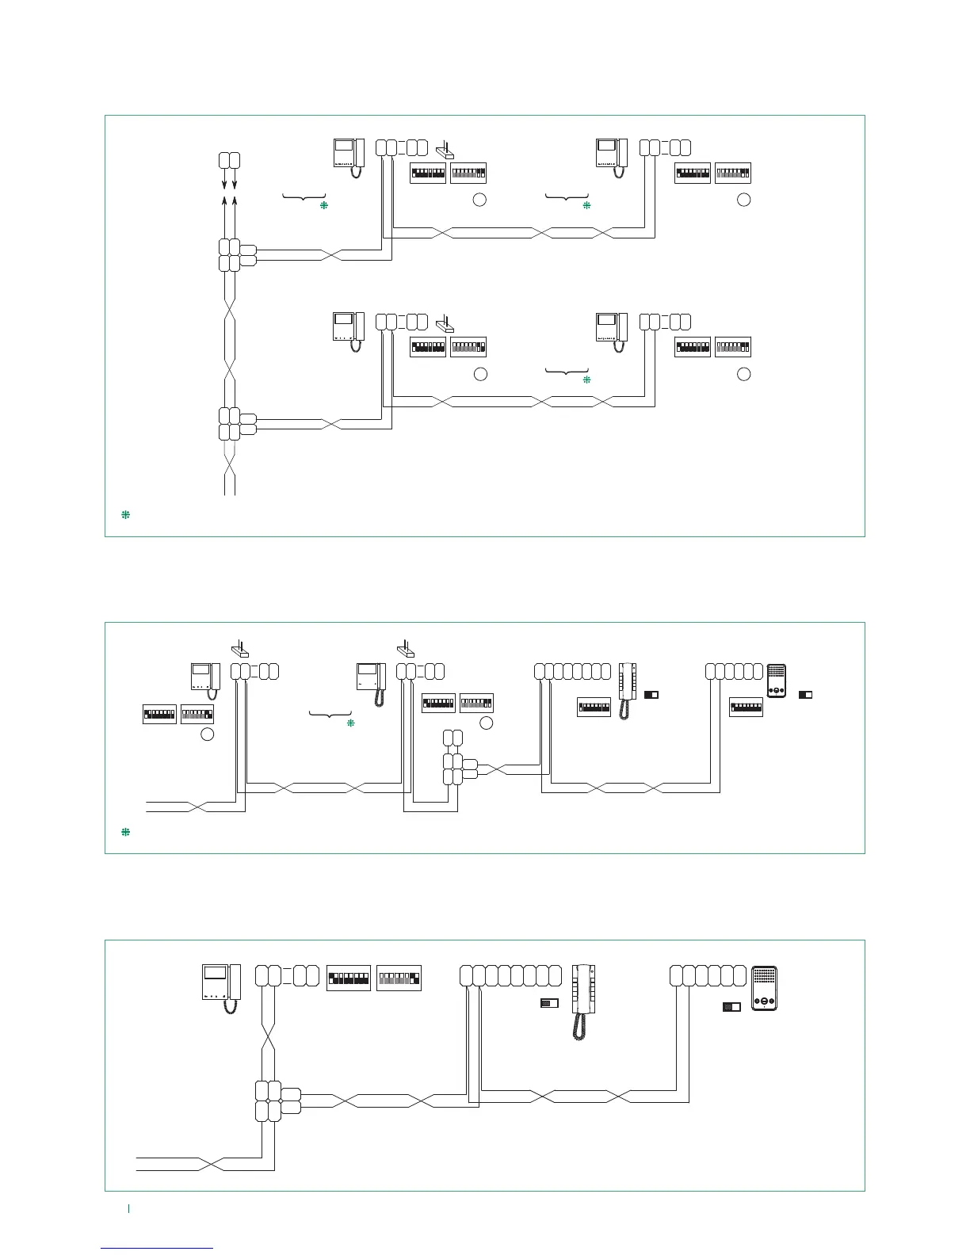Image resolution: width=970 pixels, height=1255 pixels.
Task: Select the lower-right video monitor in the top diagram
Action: [612, 332]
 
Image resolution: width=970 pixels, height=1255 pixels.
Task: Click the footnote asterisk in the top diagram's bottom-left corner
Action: [125, 515]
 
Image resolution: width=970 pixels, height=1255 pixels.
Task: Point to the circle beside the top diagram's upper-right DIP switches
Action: [743, 200]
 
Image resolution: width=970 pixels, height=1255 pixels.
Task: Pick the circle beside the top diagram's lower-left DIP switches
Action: [479, 374]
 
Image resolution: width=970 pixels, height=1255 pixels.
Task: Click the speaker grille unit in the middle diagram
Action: [777, 682]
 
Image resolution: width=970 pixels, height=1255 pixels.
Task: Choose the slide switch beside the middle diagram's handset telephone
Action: [651, 695]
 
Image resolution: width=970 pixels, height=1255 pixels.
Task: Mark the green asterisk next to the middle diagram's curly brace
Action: [350, 723]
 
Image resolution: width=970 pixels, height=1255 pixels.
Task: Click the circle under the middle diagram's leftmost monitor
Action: [207, 734]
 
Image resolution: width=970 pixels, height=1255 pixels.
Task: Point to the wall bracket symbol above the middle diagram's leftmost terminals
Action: [240, 650]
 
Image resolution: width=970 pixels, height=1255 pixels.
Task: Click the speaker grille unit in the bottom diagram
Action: [765, 987]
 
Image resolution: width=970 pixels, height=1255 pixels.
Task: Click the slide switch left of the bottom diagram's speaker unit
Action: [731, 1007]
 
